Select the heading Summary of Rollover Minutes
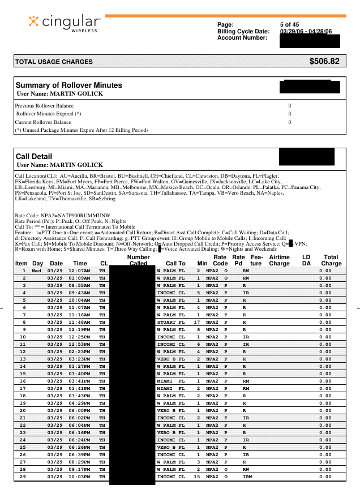(x=68, y=85)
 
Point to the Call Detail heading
(x=35, y=156)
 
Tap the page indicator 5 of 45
(x=289, y=25)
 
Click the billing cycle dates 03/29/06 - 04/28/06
(x=306, y=31)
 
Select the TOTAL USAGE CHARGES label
(x=54, y=62)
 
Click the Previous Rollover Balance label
(x=44, y=106)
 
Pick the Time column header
(x=80, y=263)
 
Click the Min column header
(x=202, y=263)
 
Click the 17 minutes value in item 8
(x=198, y=323)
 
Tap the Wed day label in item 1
(x=37, y=271)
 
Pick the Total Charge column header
(x=331, y=260)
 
